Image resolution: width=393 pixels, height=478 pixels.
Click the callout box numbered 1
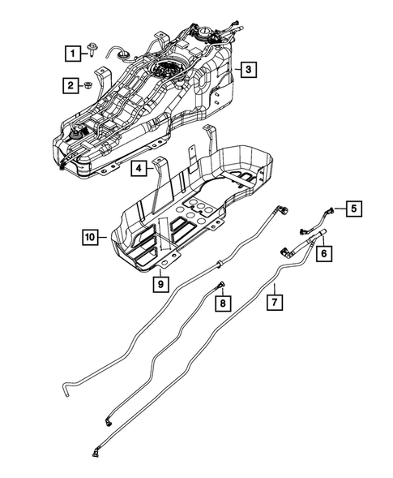pyautogui.click(x=74, y=54)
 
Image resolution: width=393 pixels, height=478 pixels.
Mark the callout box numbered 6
pyautogui.click(x=323, y=253)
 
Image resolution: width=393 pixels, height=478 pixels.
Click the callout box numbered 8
pyautogui.click(x=220, y=304)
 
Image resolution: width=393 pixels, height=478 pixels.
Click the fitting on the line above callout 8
pyautogui.click(x=220, y=282)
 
